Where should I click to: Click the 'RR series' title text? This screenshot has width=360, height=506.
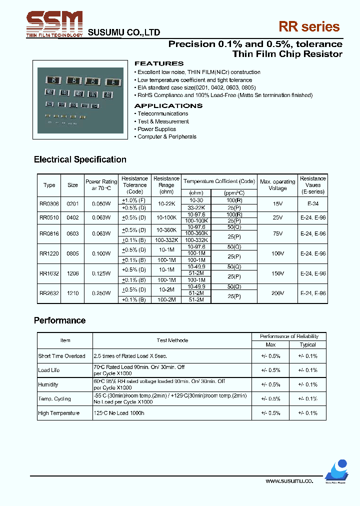tap(310, 27)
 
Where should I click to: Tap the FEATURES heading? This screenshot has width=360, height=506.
tap(159, 64)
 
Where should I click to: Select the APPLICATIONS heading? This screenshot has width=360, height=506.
tap(168, 106)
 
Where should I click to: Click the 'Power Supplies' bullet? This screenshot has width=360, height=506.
tap(156, 129)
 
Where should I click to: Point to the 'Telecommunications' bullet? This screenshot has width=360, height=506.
tap(162, 113)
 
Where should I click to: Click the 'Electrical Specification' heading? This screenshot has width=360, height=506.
tap(80, 159)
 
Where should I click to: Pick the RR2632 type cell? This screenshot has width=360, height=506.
tap(49, 293)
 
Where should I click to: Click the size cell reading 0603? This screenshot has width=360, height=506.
tap(72, 233)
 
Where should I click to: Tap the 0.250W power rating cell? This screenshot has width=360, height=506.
tap(101, 293)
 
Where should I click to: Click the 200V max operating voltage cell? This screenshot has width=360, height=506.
tap(277, 293)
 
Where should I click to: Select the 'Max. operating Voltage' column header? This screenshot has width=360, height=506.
tap(277, 185)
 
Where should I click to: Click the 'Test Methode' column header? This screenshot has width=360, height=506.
tap(172, 340)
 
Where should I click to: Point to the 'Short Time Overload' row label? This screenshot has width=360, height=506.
tap(61, 356)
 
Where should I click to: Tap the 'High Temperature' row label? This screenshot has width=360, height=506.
tap(58, 413)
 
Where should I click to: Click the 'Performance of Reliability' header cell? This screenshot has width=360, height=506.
tap(289, 336)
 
